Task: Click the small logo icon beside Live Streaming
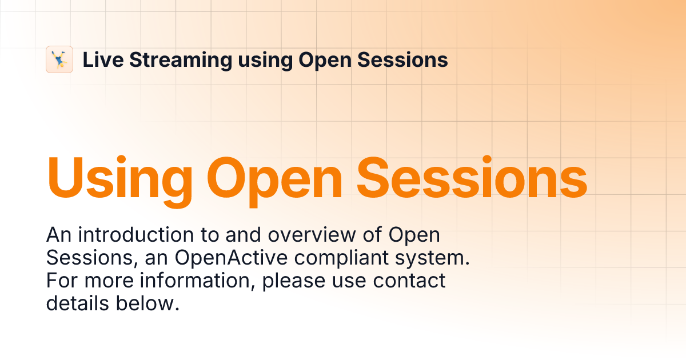59,59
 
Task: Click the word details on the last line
78,303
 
